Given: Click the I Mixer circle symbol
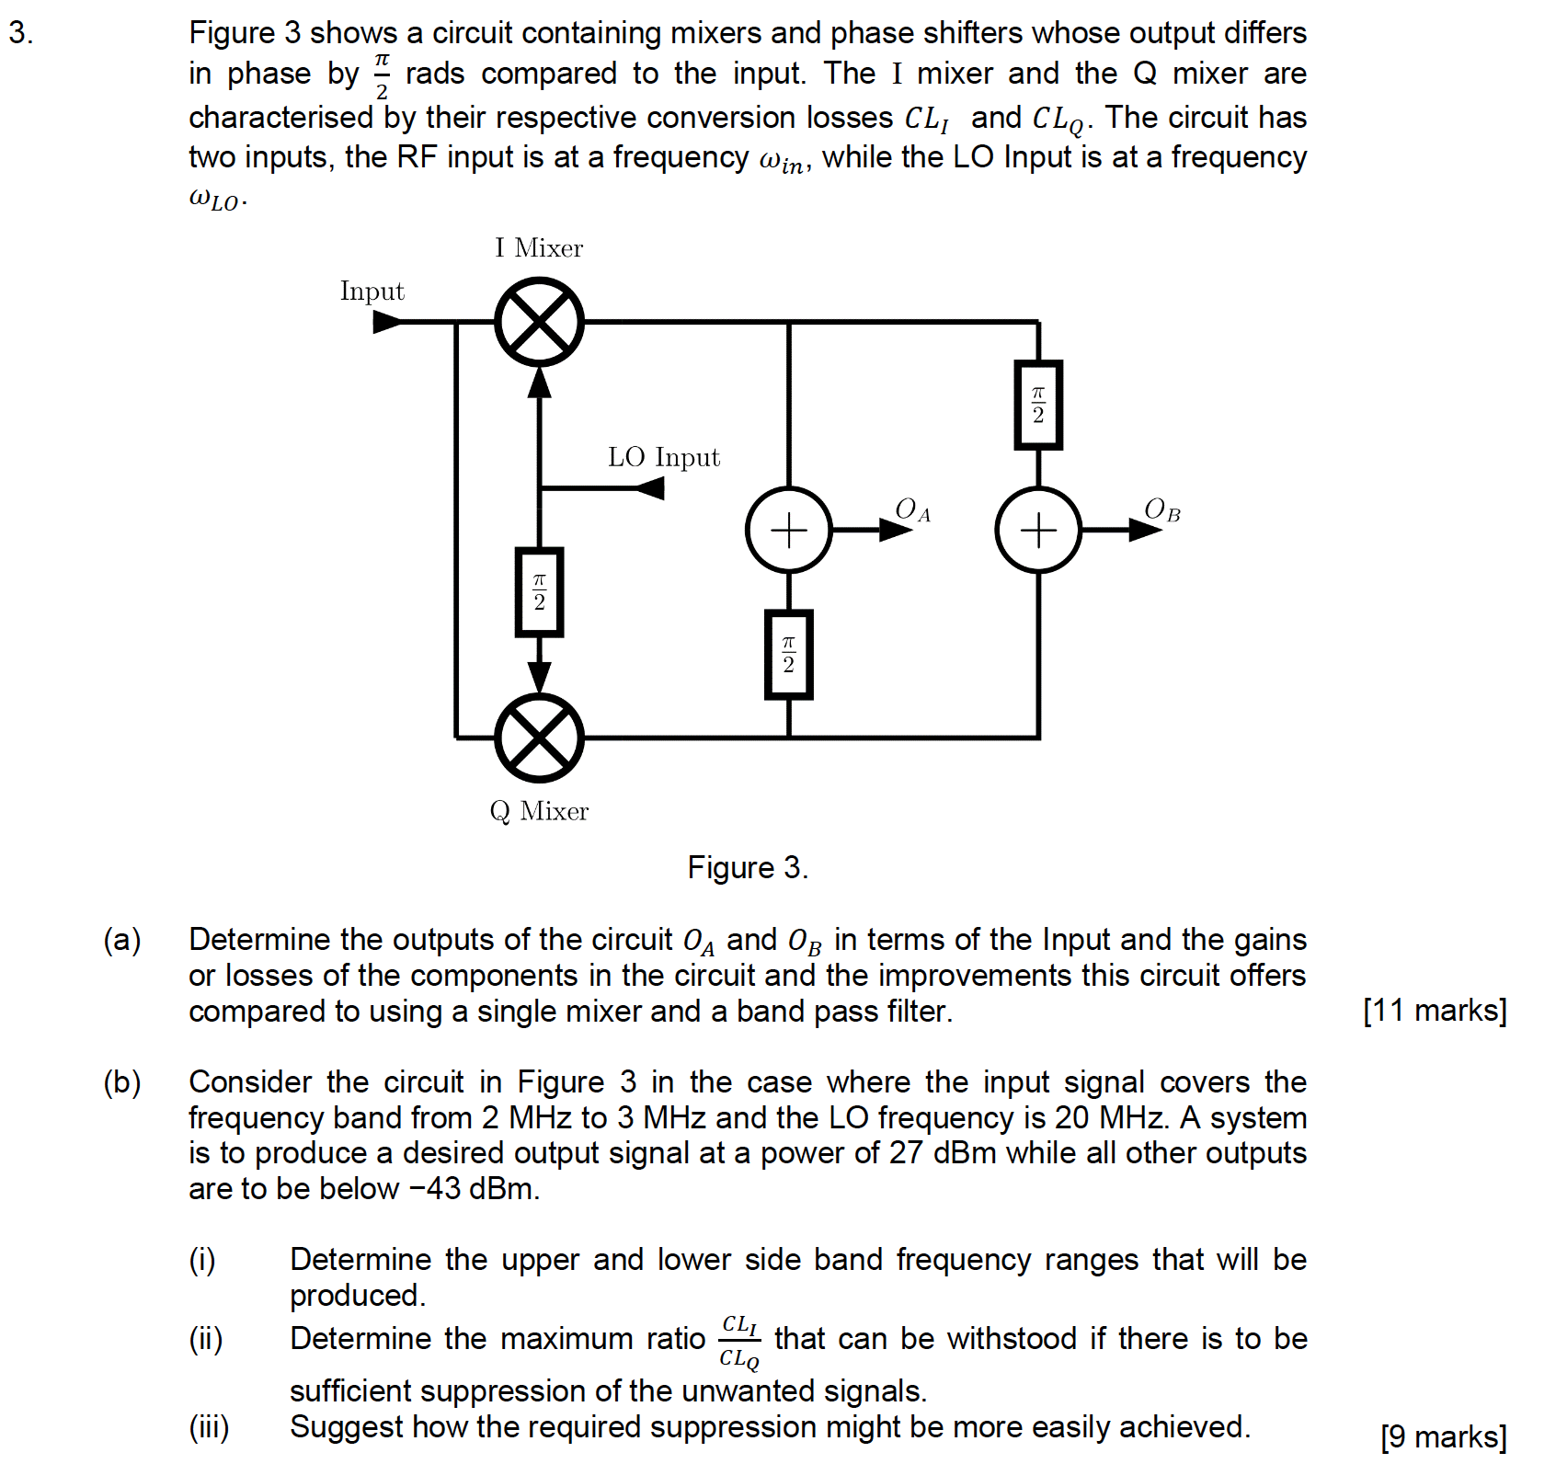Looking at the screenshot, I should point(539,322).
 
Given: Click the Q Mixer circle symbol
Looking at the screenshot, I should point(539,738).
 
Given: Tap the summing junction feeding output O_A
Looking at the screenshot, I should point(788,530).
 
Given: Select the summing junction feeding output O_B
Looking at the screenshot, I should point(1038,530).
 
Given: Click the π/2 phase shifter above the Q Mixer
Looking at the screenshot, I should point(539,592).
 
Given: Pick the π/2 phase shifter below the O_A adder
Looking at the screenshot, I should point(788,654).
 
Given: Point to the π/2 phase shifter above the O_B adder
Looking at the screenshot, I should point(1038,405).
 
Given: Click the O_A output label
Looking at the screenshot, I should point(912,509).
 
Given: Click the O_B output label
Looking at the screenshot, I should point(1161,509).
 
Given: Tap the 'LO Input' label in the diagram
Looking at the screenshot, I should point(663,457).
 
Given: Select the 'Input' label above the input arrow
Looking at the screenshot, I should point(372,292).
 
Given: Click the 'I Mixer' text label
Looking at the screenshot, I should point(538,248).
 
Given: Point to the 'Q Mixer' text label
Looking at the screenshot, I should point(539,811).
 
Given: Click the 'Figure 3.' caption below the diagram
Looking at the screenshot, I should point(748,867).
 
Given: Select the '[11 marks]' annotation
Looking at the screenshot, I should point(1434,1010).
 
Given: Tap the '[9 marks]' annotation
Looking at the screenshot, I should point(1443,1435).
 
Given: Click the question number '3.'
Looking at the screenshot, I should point(21,33).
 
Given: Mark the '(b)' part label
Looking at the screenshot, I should point(122,1082).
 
